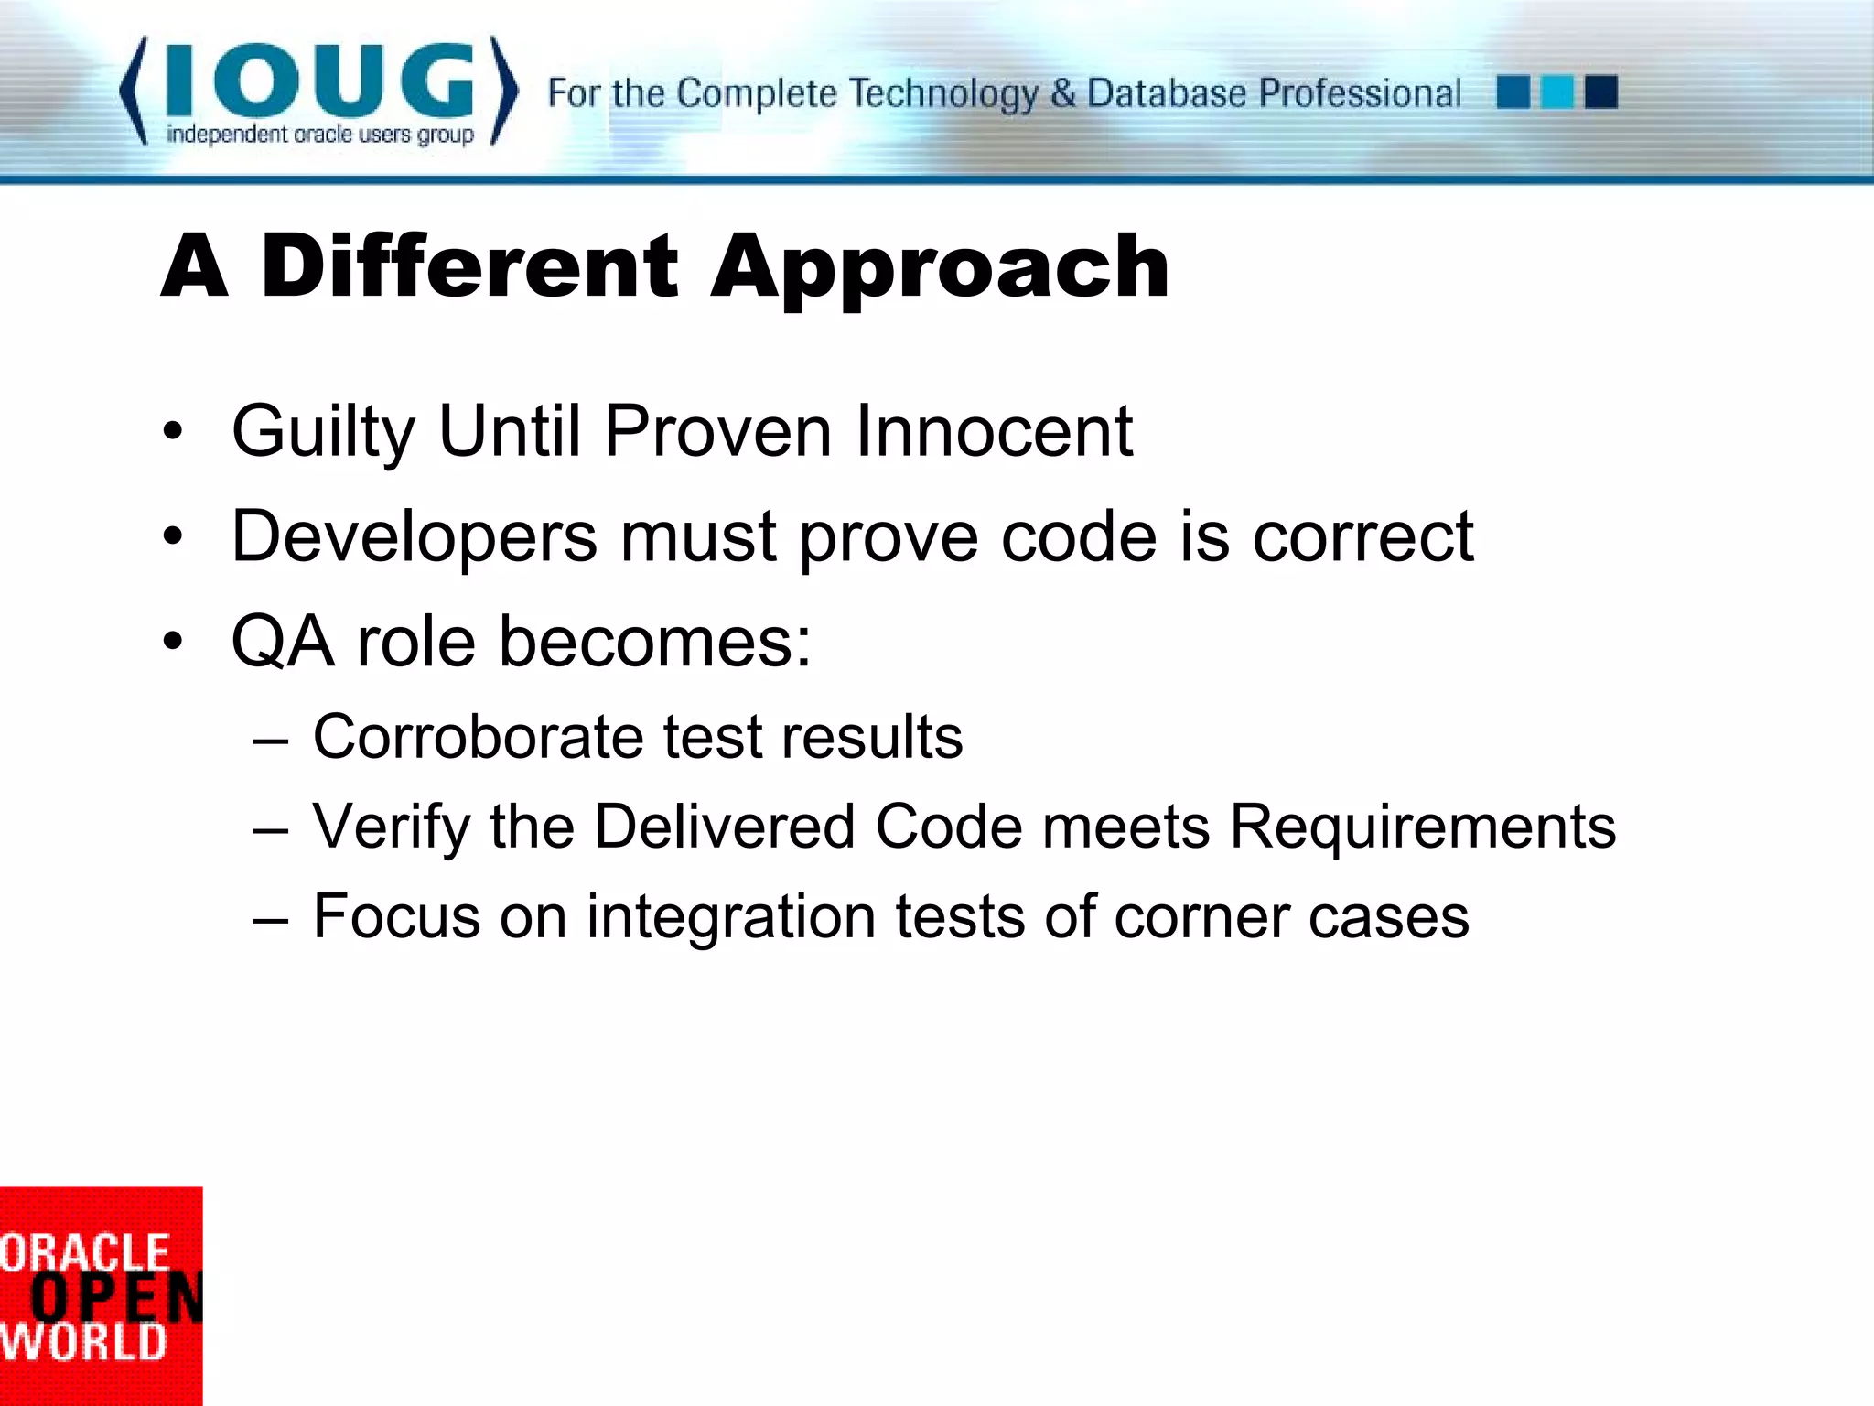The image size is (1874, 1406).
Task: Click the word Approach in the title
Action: tap(940, 267)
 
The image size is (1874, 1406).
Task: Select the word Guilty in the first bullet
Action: tap(323, 432)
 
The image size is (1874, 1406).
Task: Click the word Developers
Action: tap(414, 537)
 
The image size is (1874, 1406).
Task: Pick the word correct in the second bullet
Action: tap(1362, 536)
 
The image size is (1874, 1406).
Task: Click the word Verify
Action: tap(392, 827)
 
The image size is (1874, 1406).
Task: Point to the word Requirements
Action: tap(1422, 827)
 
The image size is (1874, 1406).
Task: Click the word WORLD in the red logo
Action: tap(84, 1343)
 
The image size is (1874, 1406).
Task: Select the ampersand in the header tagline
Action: tap(1062, 92)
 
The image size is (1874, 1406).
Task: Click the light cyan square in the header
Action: tap(1556, 92)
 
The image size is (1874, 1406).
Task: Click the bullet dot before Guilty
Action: tap(173, 431)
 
